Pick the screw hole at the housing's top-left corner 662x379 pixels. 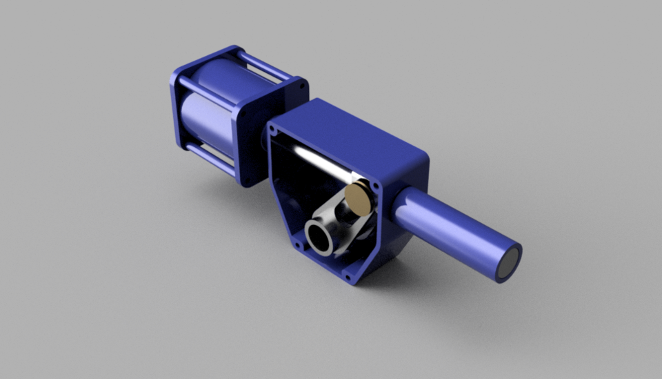[x=273, y=129]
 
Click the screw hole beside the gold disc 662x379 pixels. [x=374, y=185]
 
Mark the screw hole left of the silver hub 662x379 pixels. [x=297, y=244]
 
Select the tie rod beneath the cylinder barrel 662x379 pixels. [x=207, y=155]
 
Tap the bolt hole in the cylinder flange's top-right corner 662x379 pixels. [x=301, y=85]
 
